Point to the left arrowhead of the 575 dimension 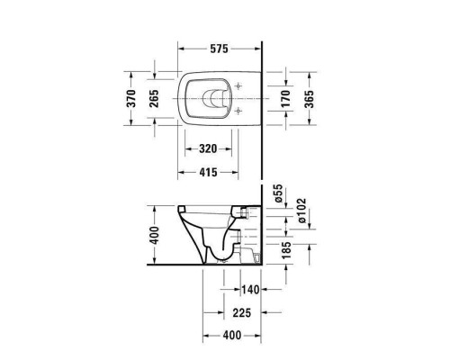[180, 49]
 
